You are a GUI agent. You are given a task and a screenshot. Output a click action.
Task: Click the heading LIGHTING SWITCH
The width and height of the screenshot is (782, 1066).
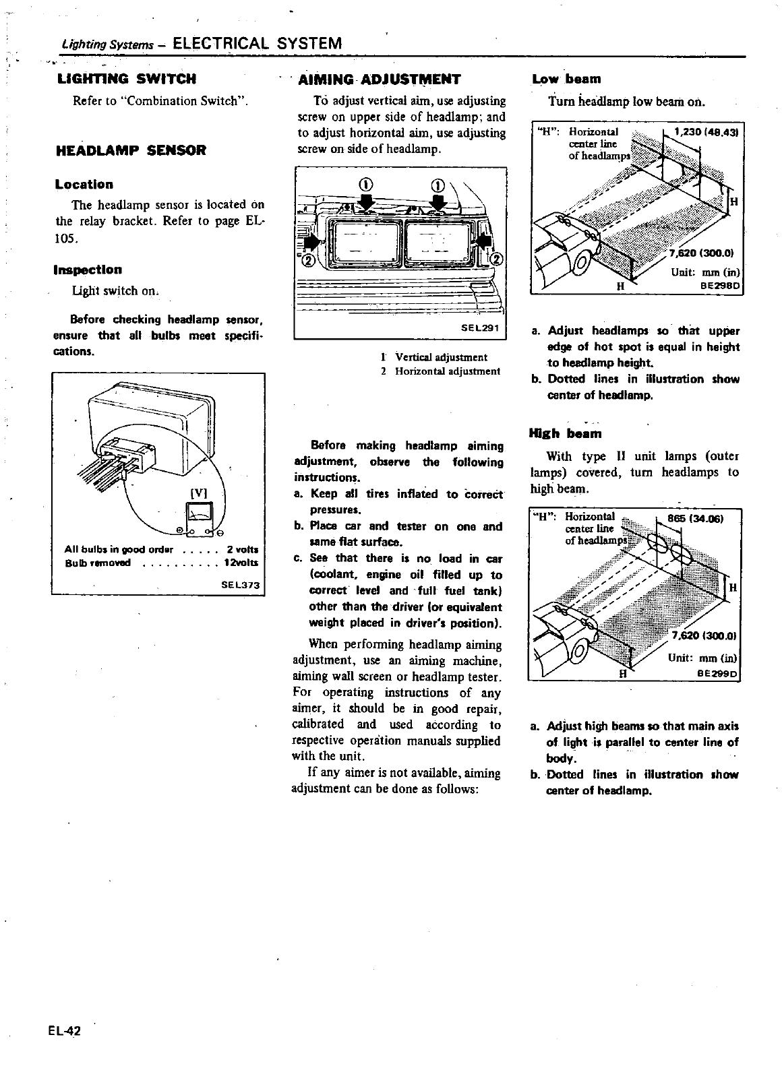tap(126, 79)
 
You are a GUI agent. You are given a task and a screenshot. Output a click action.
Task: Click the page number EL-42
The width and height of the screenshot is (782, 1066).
tap(64, 1031)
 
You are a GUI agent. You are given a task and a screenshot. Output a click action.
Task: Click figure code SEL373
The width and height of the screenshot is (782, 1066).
tap(240, 585)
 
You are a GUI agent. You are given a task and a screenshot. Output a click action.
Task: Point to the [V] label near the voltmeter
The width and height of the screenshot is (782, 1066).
tap(198, 493)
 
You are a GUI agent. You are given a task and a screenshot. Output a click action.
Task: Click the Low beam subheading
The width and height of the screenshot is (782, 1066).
tap(566, 79)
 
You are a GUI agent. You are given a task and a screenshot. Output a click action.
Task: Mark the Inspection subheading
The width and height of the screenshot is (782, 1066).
tap(88, 270)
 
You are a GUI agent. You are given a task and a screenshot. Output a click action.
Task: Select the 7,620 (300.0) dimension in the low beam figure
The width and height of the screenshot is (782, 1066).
tap(701, 253)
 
